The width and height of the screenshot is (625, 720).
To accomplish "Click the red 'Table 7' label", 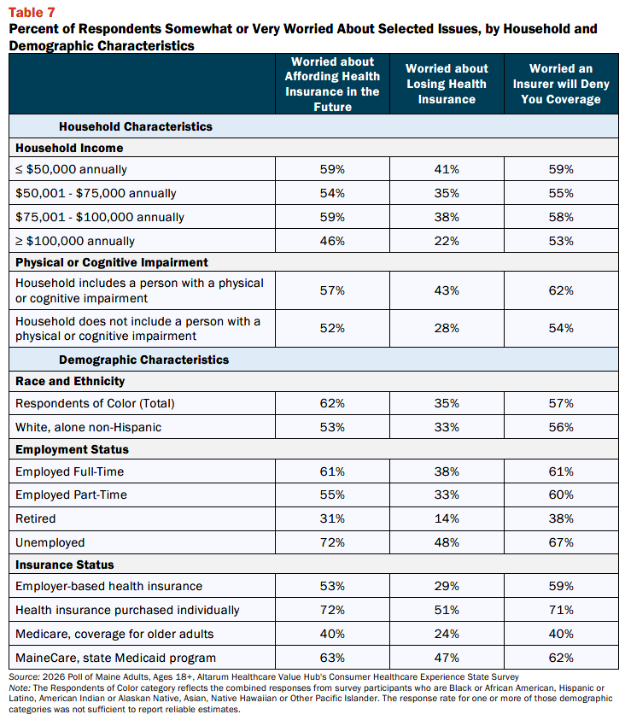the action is tap(32, 13).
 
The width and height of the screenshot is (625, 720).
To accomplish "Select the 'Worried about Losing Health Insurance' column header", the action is tap(447, 84).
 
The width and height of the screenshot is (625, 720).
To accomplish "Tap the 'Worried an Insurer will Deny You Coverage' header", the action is tap(561, 84).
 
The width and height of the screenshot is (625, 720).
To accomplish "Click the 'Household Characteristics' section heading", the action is tap(136, 126).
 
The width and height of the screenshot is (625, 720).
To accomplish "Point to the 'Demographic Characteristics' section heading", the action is tap(143, 360).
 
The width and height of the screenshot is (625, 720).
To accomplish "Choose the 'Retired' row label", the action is tap(35, 518).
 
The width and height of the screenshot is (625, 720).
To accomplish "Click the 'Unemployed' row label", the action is tap(50, 542).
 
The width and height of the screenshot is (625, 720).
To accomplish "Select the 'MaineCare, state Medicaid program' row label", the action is tap(115, 658).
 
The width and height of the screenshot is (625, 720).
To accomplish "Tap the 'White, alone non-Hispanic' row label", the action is tap(88, 427).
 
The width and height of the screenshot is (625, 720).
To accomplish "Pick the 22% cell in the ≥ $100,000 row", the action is tap(447, 241).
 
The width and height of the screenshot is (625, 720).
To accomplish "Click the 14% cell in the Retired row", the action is tap(447, 518).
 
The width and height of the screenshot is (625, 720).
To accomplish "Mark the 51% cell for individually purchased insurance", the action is tap(447, 611).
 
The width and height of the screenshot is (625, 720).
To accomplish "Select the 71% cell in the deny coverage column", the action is tap(561, 611).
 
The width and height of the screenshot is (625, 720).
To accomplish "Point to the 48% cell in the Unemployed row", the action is tap(447, 542).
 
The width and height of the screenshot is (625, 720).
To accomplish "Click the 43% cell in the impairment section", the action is tap(447, 290).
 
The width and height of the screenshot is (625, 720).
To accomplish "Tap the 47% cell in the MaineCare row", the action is tap(447, 658).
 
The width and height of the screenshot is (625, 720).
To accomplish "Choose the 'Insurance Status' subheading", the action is tap(65, 565).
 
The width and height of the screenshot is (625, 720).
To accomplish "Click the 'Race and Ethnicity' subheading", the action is tap(70, 381).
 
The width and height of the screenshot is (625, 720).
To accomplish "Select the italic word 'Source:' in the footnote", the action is tap(24, 676).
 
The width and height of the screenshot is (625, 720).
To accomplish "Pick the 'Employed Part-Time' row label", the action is tap(71, 495).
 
